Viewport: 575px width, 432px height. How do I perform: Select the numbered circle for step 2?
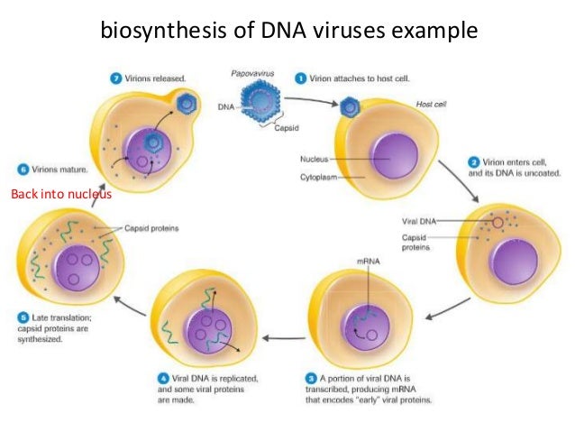click(474, 162)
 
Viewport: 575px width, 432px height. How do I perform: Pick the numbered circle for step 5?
click(22, 317)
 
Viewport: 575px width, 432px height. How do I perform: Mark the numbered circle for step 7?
click(116, 80)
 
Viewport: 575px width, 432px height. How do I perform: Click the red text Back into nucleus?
click(59, 195)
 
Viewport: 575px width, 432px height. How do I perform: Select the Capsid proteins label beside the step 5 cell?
click(150, 229)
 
